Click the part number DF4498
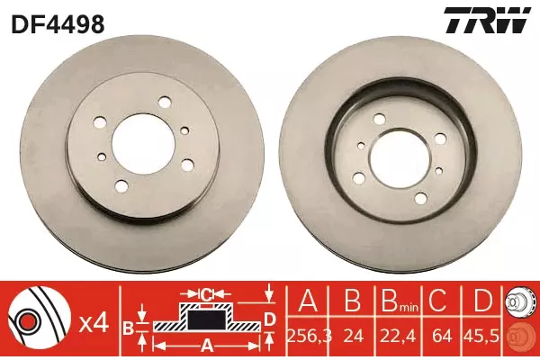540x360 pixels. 58,24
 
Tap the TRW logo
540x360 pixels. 487,20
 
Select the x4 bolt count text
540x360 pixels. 94,324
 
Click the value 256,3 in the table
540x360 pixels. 309,337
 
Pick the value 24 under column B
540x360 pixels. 353,337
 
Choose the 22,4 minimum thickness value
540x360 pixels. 398,337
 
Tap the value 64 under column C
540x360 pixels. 442,337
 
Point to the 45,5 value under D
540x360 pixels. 481,337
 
